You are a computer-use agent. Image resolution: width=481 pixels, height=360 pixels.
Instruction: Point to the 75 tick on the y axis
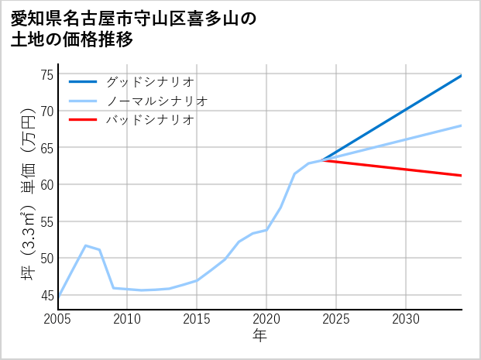coord(46,74)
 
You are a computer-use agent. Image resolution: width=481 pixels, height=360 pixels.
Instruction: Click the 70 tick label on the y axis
coord(46,111)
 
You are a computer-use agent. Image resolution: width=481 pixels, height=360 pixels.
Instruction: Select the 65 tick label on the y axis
coord(46,148)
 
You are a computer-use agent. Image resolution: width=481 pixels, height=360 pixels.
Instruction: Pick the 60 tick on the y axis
coord(46,184)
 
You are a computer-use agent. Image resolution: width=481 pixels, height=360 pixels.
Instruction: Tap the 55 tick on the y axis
coord(46,221)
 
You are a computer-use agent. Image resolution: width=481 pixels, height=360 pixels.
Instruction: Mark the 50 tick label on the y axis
coord(46,258)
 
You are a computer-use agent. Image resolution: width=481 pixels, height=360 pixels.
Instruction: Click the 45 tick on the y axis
coord(46,295)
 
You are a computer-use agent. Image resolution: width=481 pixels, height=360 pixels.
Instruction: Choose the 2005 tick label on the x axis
coord(58,319)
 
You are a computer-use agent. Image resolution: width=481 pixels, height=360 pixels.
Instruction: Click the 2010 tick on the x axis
coord(128,319)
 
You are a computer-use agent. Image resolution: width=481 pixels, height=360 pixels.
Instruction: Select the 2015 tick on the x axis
coord(197,319)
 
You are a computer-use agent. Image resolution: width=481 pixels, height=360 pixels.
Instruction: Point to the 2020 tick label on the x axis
coord(266,319)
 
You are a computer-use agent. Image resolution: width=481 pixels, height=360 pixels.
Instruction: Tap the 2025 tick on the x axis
coord(336,319)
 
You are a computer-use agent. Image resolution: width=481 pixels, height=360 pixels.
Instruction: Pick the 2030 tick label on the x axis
coord(406,319)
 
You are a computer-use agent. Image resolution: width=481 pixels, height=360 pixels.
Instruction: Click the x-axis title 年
coord(260,335)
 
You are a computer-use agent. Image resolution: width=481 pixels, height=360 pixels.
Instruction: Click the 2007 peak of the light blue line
coord(85,245)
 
